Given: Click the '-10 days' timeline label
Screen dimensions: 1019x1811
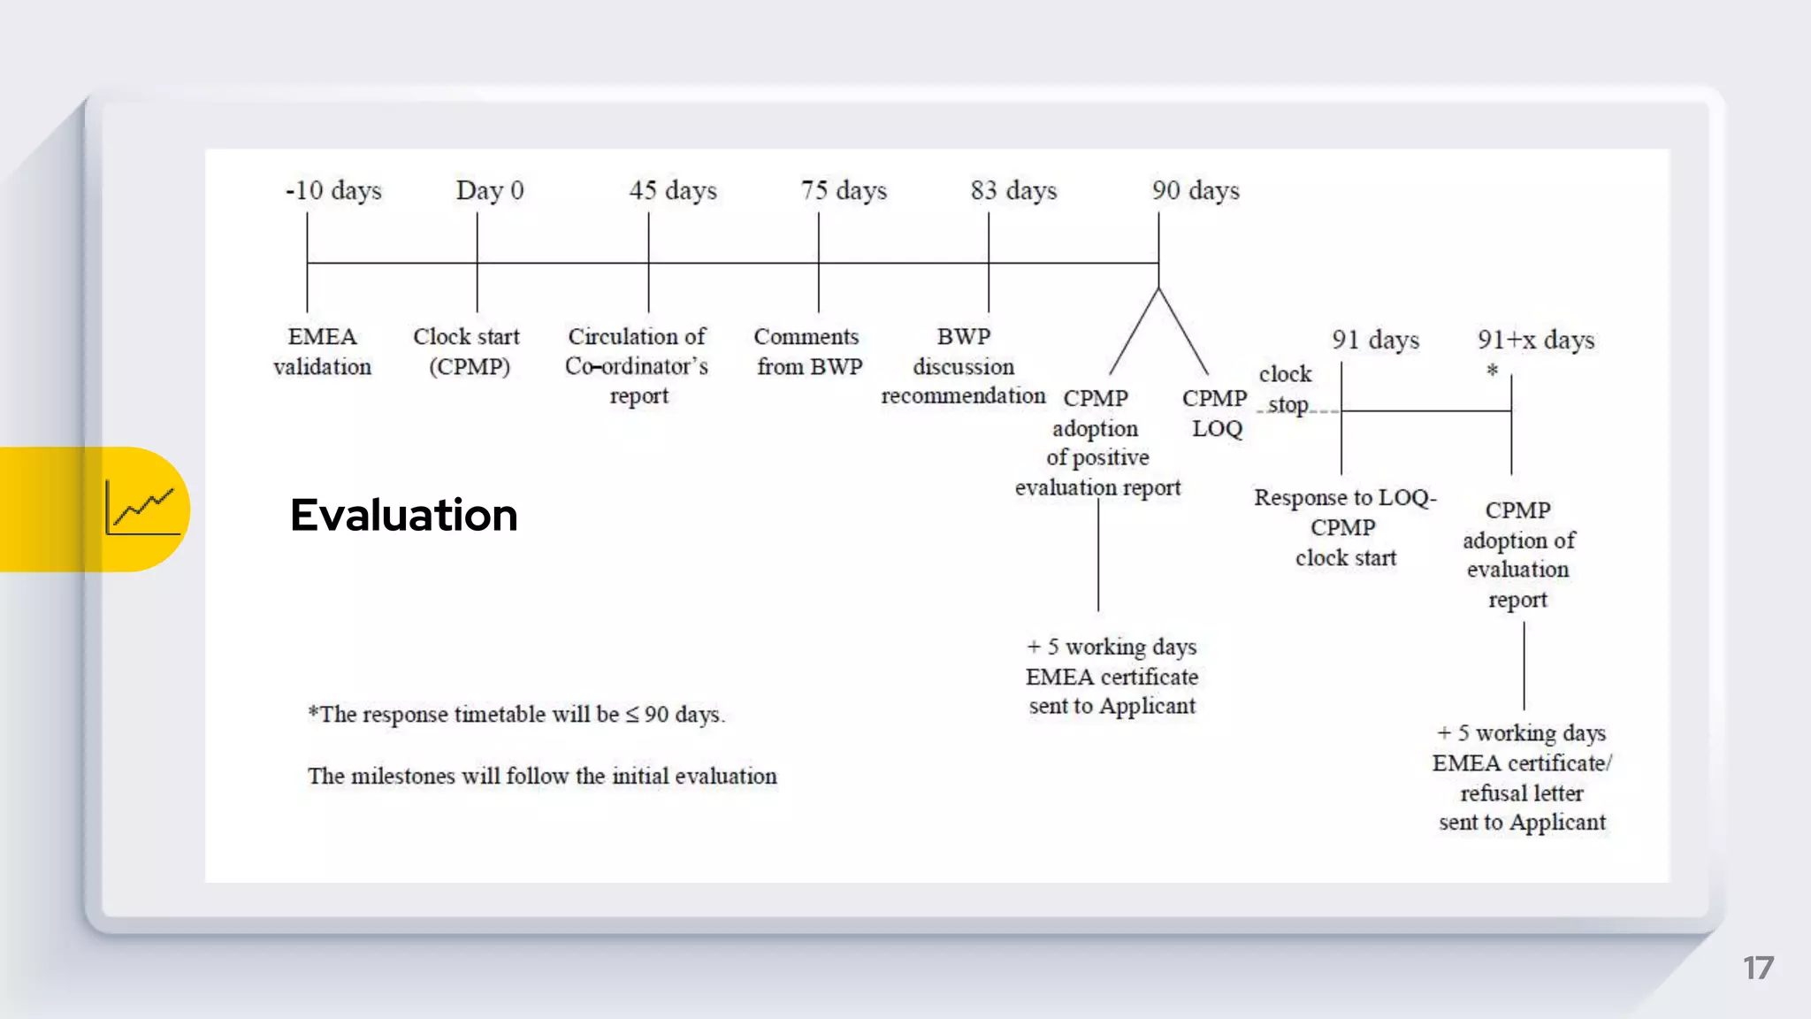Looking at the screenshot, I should [333, 191].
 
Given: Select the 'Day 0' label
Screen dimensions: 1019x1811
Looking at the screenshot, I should [490, 191].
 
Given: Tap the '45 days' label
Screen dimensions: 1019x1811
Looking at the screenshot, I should [673, 191].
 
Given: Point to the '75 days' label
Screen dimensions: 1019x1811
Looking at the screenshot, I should [844, 191].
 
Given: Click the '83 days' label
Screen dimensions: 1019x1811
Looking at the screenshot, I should [1013, 191].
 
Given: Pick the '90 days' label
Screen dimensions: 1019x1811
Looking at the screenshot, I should [1196, 191].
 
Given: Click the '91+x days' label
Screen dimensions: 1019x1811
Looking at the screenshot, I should [1536, 341].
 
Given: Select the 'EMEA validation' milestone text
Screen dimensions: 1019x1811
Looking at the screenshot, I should [322, 352].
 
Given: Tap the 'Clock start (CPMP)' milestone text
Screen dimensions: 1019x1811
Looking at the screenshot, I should [467, 352].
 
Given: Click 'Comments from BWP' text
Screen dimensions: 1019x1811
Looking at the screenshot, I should [808, 352].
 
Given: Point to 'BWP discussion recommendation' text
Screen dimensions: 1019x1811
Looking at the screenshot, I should [963, 366].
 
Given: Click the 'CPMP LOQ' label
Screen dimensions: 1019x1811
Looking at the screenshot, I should [1215, 413].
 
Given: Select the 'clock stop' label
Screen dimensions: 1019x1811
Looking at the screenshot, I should [1287, 389].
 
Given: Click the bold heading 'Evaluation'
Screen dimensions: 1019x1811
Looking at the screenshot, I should [404, 515].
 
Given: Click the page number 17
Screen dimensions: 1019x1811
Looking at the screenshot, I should [1758, 968].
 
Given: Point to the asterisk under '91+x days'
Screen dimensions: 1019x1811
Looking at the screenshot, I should [1493, 371].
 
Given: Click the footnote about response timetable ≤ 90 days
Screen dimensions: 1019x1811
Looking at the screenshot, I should [516, 715].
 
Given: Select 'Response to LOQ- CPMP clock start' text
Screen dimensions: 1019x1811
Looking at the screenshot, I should [1345, 527].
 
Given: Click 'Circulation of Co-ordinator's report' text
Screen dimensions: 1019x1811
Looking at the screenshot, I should [638, 366].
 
